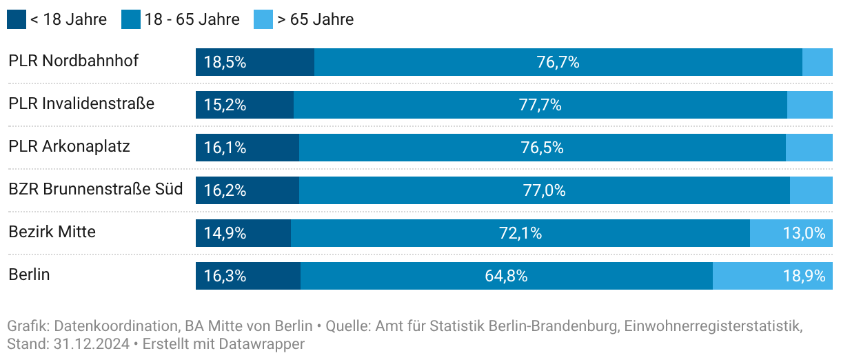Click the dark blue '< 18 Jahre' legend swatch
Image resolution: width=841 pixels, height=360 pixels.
17,19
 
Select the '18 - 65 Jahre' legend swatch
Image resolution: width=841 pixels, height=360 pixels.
131,19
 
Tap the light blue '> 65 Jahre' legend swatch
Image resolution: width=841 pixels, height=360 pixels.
263,19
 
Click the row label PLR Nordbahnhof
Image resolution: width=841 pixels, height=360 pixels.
74,61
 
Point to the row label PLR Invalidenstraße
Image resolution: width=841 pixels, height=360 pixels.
81,103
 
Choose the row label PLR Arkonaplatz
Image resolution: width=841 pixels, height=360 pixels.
69,146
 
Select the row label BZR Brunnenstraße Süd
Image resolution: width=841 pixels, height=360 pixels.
96,189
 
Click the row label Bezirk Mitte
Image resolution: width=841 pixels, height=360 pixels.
52,232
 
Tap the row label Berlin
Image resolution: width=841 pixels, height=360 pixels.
29,274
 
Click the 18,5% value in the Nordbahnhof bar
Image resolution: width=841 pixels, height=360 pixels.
225,62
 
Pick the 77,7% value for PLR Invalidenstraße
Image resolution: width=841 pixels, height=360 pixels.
540,105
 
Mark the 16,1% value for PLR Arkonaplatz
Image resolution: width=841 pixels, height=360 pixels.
225,148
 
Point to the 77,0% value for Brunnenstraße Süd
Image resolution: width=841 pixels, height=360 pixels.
544,190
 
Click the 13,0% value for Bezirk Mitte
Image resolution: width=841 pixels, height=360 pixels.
804,233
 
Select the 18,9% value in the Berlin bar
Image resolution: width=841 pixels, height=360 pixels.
804,276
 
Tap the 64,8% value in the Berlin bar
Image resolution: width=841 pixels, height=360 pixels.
506,276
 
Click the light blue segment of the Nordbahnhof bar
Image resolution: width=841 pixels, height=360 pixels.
818,62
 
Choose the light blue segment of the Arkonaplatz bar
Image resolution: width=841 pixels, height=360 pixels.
809,148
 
